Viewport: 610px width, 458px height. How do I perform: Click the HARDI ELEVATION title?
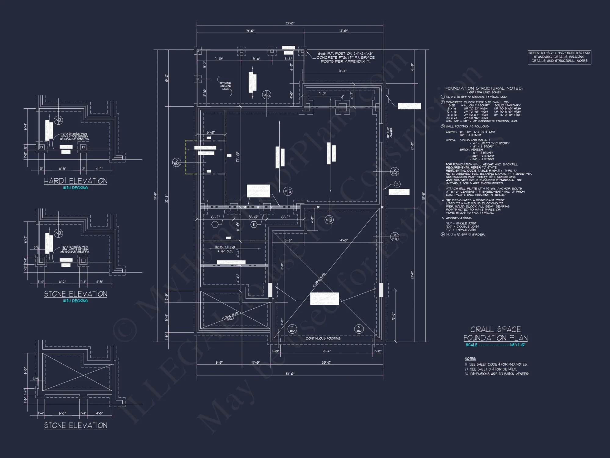click(75, 181)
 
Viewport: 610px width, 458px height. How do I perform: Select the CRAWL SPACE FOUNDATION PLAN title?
click(495, 334)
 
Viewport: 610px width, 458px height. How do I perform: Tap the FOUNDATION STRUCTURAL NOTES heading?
click(484, 88)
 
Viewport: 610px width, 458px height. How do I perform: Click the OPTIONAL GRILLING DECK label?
click(226, 86)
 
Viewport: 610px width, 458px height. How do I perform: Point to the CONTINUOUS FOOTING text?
click(323, 338)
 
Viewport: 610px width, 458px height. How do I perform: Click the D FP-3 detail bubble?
click(177, 162)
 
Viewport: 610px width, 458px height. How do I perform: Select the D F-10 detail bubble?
click(394, 172)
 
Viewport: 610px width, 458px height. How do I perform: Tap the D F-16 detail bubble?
click(394, 237)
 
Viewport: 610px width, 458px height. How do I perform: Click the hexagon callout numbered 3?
click(397, 184)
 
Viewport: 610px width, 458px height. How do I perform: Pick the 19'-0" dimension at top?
click(250, 31)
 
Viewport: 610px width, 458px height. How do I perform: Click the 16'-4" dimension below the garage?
click(326, 351)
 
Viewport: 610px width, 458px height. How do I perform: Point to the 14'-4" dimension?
click(343, 71)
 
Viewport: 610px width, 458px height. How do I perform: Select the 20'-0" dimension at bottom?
click(326, 362)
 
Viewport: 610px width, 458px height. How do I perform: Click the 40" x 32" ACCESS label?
click(389, 133)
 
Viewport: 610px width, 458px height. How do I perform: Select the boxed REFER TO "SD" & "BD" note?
click(559, 57)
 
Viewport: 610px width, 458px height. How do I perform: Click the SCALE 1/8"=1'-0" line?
click(495, 345)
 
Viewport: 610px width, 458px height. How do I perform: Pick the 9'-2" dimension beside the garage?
click(393, 316)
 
